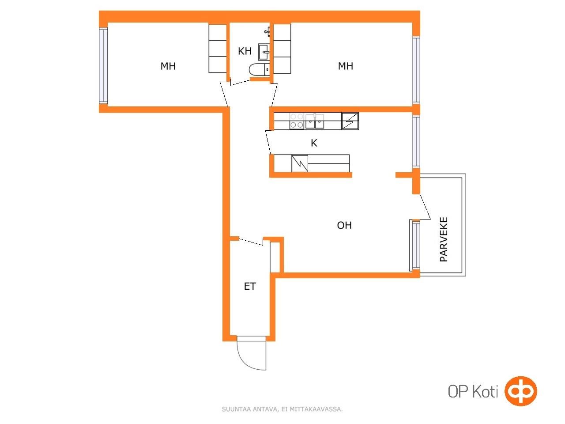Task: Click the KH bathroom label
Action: click(x=244, y=51)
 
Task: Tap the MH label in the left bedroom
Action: click(x=168, y=66)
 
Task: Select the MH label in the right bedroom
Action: click(x=345, y=66)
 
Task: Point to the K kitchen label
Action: click(x=314, y=143)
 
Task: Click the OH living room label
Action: click(x=344, y=225)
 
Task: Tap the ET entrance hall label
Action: click(x=250, y=286)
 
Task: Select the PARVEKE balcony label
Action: click(x=444, y=239)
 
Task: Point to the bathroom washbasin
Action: click(x=264, y=52)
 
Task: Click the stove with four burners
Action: click(x=297, y=121)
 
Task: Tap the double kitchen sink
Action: click(x=314, y=121)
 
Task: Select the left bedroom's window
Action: click(x=103, y=65)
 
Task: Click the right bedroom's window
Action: click(x=416, y=69)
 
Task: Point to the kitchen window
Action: click(x=416, y=141)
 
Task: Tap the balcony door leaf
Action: click(x=425, y=206)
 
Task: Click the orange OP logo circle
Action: click(x=520, y=391)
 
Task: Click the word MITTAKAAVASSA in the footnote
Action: click(x=316, y=409)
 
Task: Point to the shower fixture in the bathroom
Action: click(x=267, y=32)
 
